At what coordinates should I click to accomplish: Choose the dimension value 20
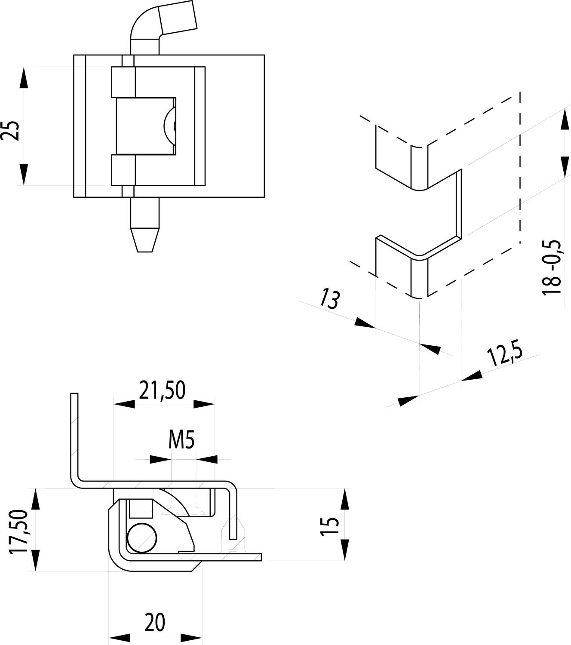click(154, 623)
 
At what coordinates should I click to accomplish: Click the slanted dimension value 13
click(329, 300)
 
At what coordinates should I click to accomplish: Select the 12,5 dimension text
click(504, 356)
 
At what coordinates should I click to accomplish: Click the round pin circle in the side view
click(143, 538)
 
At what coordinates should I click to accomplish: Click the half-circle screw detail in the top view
click(169, 125)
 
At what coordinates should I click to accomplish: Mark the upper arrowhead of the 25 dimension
click(24, 78)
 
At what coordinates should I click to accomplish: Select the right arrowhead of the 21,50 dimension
click(204, 404)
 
